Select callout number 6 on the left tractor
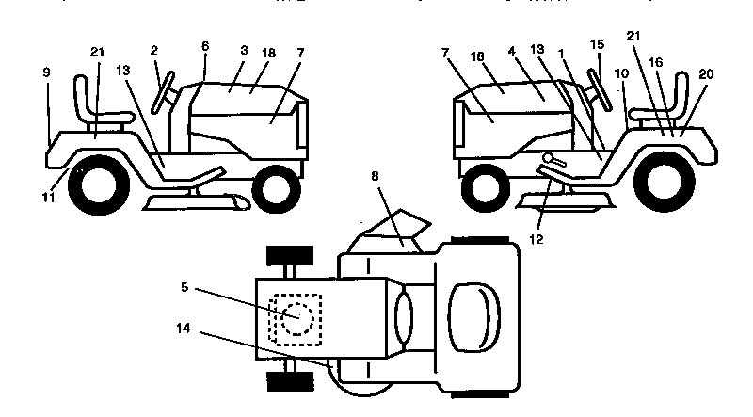pyautogui.click(x=205, y=45)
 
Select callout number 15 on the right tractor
pyautogui.click(x=597, y=45)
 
